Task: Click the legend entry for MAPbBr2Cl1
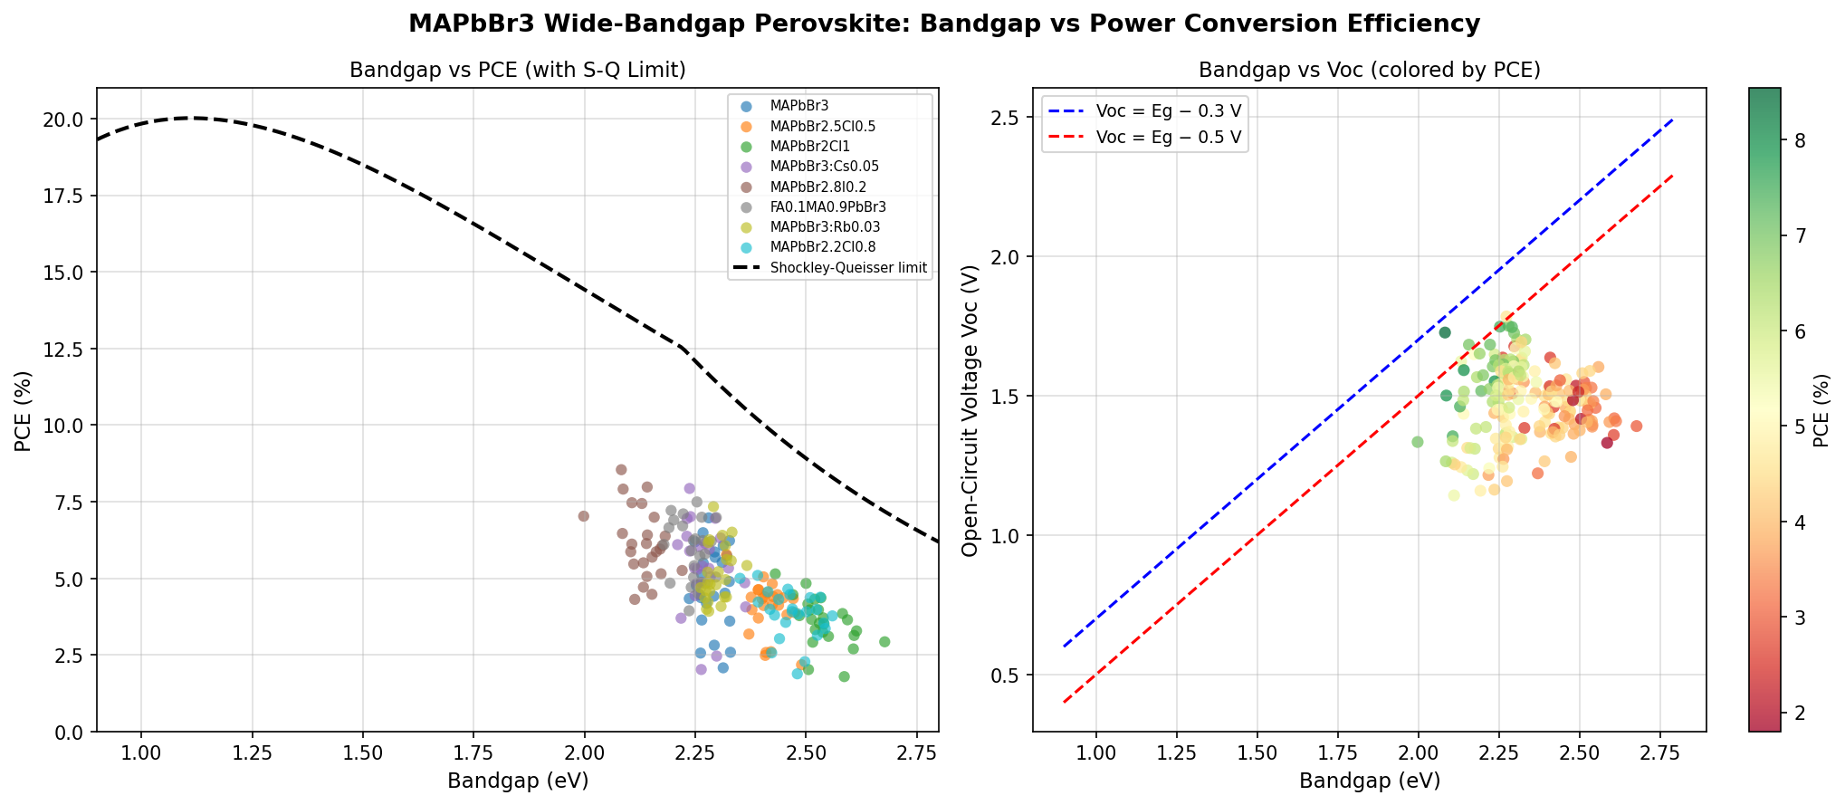point(809,147)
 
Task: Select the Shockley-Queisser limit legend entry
point(848,268)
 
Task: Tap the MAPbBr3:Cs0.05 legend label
point(824,167)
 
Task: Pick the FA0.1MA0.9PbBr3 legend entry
point(827,207)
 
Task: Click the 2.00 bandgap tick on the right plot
point(1419,754)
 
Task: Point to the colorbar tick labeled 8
point(1801,140)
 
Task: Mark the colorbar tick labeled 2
point(1801,713)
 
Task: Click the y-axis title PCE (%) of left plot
point(23,410)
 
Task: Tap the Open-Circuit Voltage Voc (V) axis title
point(971,410)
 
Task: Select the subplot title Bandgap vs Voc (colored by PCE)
point(1369,71)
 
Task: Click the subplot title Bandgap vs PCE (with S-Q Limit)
point(517,71)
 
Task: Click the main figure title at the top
point(944,24)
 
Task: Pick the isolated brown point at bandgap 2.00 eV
point(584,516)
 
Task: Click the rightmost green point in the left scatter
point(884,642)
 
